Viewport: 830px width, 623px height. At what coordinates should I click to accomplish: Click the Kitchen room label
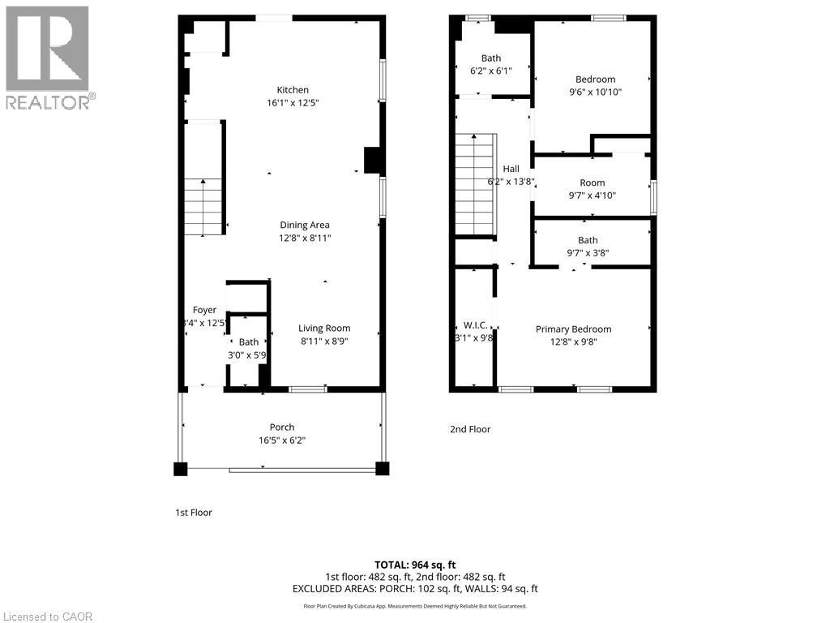293,90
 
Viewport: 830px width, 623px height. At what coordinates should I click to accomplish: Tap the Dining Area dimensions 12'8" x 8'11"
305,238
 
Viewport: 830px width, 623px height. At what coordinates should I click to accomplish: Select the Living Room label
324,329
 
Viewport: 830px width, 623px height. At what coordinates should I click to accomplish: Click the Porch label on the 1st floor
282,428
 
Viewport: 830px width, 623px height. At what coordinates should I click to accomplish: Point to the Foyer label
204,310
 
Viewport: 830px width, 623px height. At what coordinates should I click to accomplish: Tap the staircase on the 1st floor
203,207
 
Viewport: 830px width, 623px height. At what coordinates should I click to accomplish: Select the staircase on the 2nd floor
473,185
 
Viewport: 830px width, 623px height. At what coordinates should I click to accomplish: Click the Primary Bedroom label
573,329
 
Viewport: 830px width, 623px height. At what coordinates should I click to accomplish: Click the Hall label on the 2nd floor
511,169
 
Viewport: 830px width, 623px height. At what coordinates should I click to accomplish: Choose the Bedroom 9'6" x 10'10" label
595,79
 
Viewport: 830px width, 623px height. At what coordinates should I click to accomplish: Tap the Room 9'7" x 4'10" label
592,183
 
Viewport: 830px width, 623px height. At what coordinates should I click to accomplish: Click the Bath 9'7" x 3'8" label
588,240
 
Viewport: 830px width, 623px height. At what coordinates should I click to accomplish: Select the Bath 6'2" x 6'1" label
491,58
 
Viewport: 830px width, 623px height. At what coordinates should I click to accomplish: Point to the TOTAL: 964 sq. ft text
415,565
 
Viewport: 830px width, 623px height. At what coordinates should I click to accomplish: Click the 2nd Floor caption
470,430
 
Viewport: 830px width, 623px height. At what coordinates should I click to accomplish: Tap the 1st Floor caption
194,513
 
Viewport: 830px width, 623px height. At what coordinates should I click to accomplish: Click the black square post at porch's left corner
180,468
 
